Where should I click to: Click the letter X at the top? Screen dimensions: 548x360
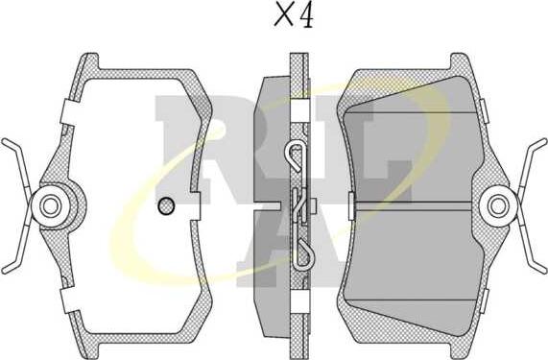point(284,15)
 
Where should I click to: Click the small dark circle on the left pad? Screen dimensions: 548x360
point(166,205)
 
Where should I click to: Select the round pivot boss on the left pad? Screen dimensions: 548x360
point(50,206)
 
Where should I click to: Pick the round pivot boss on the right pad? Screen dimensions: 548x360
point(498,206)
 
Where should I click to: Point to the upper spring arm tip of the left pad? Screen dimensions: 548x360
point(4,141)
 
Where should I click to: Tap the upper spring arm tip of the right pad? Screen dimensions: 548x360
point(543,141)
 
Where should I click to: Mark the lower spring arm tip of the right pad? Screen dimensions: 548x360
point(543,270)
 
